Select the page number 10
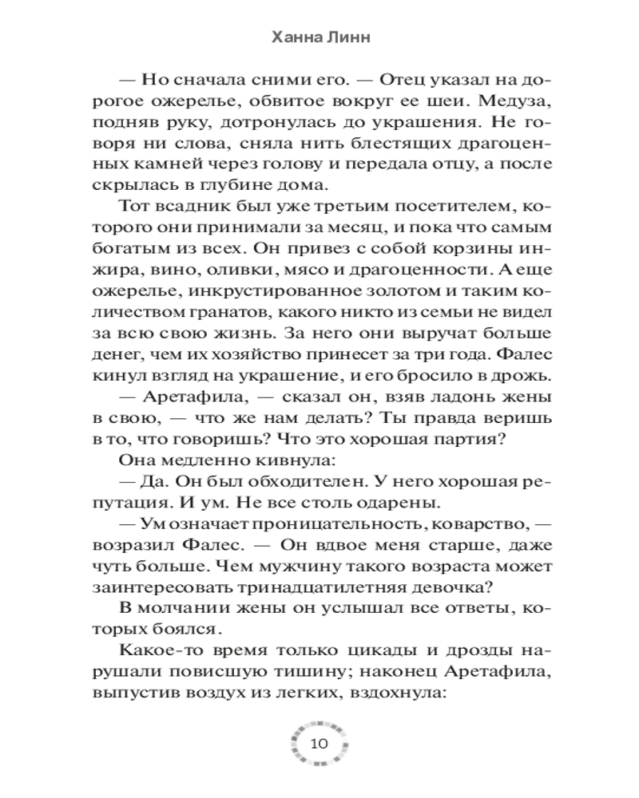coord(318,744)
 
